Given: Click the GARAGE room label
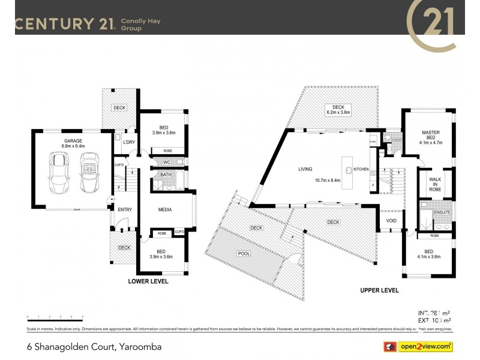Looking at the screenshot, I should click(x=73, y=140).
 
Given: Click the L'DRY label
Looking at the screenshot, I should click(x=128, y=142).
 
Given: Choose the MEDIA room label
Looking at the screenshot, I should click(x=165, y=209).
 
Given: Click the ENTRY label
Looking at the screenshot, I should click(x=125, y=209).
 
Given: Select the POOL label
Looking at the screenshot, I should click(x=244, y=253).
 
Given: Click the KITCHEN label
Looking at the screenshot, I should click(x=361, y=170).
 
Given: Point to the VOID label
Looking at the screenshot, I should click(x=392, y=220).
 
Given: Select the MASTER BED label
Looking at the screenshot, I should click(x=431, y=136).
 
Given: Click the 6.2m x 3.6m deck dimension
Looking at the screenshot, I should click(x=338, y=112).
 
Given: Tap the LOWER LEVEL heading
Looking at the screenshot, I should click(x=148, y=281).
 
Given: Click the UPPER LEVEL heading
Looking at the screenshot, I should click(x=379, y=290).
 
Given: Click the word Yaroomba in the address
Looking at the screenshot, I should click(x=139, y=347).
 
